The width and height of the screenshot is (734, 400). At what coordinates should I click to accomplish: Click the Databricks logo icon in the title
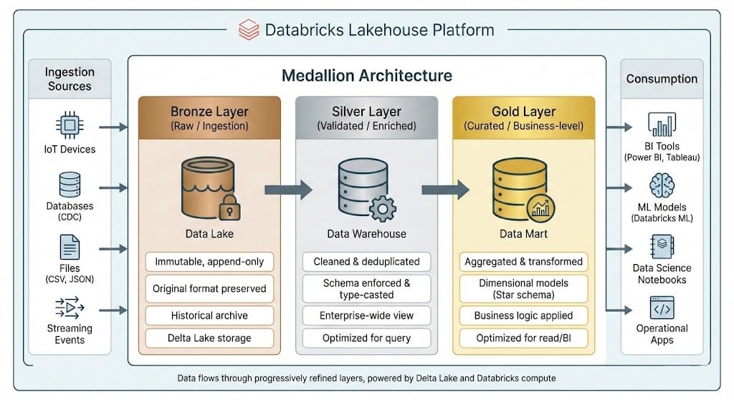(x=248, y=30)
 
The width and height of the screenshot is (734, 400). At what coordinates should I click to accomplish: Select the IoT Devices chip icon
(x=70, y=127)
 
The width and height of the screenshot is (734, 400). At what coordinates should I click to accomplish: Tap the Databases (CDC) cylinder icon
(x=70, y=185)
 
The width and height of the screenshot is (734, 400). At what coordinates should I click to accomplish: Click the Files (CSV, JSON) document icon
(x=70, y=248)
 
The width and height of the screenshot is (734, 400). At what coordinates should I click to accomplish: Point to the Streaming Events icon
(x=70, y=308)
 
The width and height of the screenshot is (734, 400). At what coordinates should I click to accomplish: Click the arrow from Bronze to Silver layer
(x=288, y=190)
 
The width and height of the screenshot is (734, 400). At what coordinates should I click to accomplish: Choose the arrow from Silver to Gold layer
(x=444, y=190)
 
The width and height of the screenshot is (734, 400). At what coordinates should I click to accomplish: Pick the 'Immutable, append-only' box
(x=209, y=262)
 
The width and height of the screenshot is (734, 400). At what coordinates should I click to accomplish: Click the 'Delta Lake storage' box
(x=209, y=338)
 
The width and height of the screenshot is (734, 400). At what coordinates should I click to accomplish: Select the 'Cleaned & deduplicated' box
(x=366, y=262)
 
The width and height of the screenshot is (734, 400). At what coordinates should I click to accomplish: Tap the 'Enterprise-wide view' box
(x=366, y=315)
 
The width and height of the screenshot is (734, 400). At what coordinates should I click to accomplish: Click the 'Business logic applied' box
(x=523, y=316)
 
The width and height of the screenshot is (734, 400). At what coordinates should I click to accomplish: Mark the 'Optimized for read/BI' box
(x=523, y=338)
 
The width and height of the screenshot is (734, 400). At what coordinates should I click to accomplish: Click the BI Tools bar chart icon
(x=661, y=125)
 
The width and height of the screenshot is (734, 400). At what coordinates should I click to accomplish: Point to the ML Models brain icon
(x=661, y=185)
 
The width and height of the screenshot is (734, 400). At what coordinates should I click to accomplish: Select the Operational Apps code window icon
(x=661, y=308)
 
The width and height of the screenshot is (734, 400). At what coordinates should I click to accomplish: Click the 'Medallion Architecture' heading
(x=366, y=76)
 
